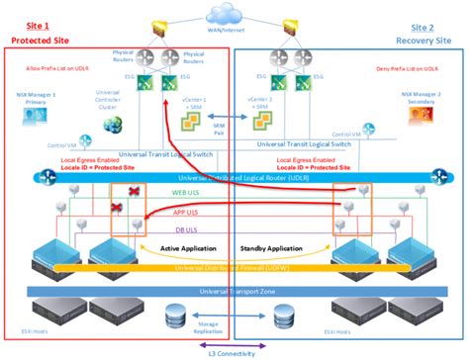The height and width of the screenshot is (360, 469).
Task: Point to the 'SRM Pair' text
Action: click(x=234, y=130)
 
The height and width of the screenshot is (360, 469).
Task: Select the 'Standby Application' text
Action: click(x=275, y=246)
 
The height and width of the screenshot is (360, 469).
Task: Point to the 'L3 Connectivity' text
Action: click(x=234, y=354)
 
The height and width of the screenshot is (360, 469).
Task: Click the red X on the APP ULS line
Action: click(x=117, y=209)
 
